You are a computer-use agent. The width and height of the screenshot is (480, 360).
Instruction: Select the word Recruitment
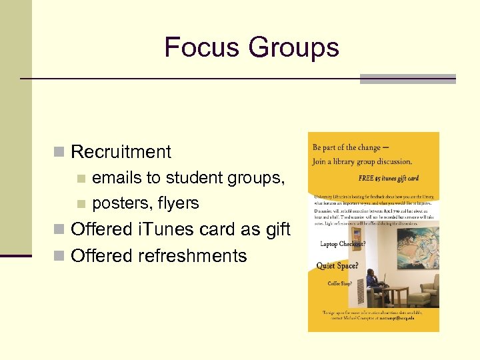point(121,152)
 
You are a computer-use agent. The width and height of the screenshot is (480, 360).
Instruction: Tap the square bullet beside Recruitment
point(59,152)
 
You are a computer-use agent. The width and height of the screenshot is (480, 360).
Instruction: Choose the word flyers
point(178,203)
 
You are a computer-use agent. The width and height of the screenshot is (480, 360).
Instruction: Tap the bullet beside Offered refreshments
point(59,256)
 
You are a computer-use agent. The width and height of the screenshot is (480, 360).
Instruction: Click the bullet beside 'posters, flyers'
point(81,203)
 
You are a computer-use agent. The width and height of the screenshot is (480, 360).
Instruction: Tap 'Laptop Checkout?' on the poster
point(342,244)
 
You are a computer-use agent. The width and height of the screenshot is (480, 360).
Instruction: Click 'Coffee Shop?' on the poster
point(340,283)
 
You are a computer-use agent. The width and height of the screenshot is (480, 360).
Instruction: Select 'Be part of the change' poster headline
point(347,147)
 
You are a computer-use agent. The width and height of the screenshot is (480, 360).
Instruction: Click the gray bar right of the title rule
point(408,79)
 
